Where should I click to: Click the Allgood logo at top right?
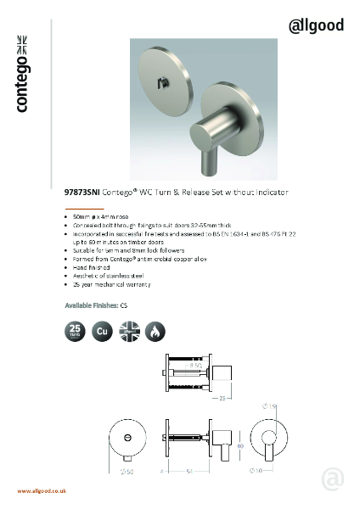pos(317,25)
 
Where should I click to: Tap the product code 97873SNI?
pos(82,193)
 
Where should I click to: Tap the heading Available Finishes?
pos(91,304)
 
